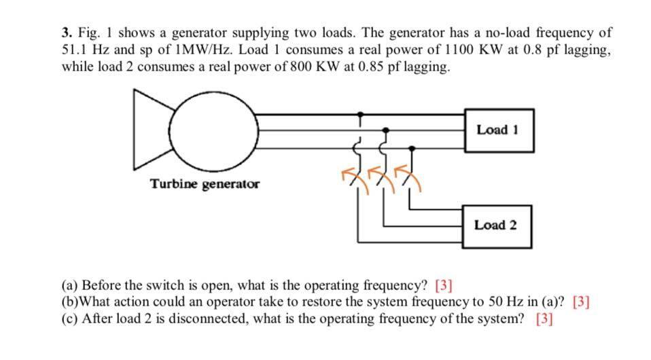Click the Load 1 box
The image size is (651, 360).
coord(498,130)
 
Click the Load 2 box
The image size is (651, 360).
coord(497,224)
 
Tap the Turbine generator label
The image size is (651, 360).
coord(205,184)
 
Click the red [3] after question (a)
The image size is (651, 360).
coord(443,285)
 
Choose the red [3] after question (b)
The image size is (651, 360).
coord(581,302)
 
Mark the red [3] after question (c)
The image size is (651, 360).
coord(544,319)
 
